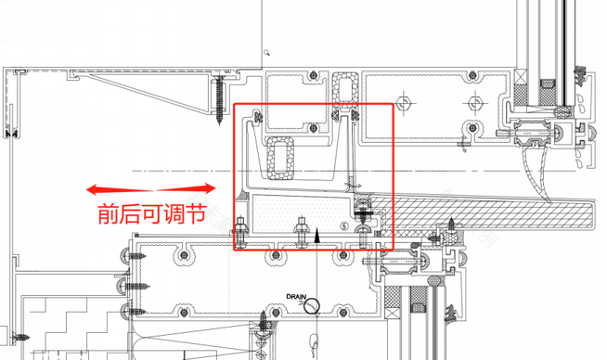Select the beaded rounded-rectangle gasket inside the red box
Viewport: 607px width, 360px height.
coord(279,157)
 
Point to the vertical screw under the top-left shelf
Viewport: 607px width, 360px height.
coord(219,100)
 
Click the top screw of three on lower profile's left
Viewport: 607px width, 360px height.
coord(135,253)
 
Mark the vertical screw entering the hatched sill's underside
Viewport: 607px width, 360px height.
coord(453,226)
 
